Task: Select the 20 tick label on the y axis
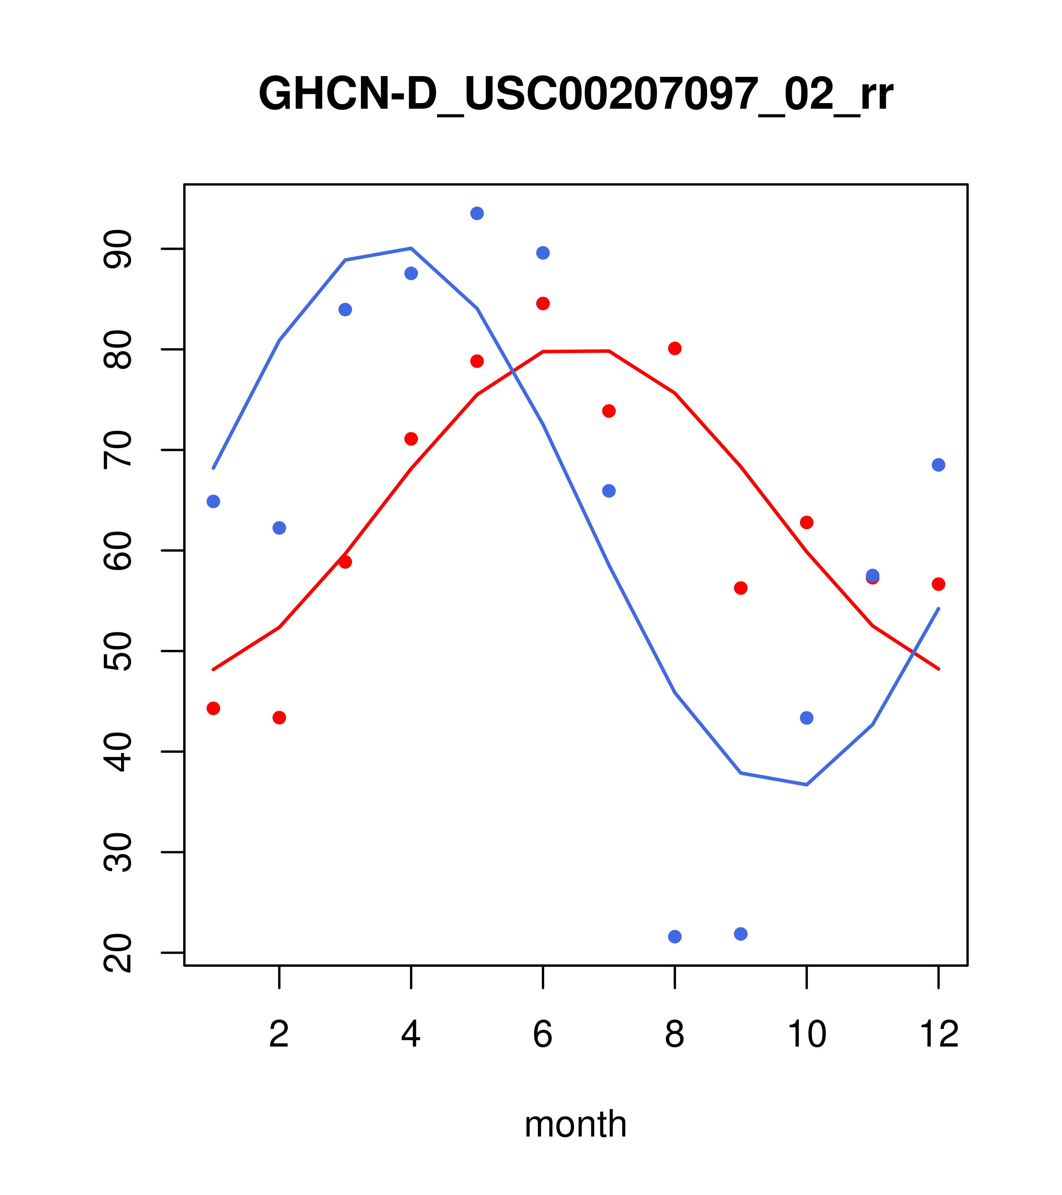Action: [118, 953]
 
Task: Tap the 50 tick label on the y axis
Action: [118, 651]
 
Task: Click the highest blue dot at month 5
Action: [477, 213]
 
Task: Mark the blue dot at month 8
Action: [675, 937]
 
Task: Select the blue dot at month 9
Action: [740, 934]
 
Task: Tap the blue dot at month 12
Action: [939, 465]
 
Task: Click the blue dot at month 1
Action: [213, 502]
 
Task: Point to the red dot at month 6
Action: [543, 303]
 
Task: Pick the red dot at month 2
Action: [280, 717]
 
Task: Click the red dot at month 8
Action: [675, 349]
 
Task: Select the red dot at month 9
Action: [740, 588]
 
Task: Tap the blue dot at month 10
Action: [806, 718]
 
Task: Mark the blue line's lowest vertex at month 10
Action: [806, 785]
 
